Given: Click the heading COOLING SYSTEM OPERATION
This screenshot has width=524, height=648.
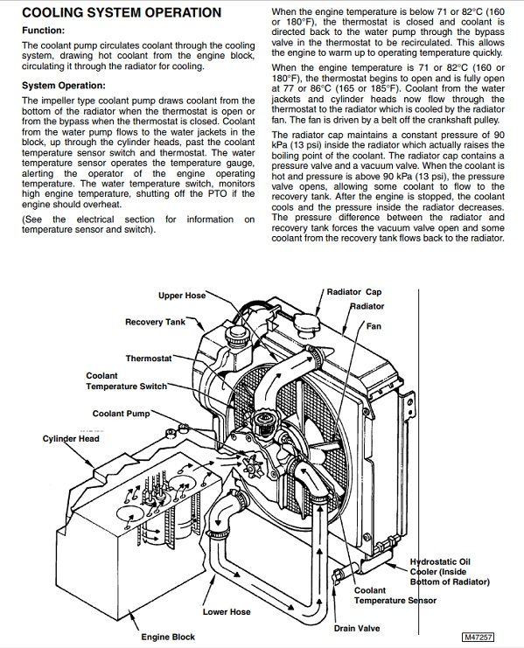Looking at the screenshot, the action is pos(122,12).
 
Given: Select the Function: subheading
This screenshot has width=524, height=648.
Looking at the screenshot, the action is pos(44,30).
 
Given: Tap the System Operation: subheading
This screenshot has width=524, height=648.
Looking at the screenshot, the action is pos(64,86).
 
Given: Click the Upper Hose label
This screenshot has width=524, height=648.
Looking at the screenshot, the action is pos(182,296).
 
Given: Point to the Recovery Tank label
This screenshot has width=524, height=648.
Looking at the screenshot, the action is pos(156,322).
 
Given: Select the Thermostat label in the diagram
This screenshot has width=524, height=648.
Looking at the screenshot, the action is pos(149,359).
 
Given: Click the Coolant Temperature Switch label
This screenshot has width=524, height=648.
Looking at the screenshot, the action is pos(127,381).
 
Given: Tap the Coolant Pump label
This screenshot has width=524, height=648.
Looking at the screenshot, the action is pos(121,414).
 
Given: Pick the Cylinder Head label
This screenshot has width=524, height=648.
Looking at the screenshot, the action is pos(71,439).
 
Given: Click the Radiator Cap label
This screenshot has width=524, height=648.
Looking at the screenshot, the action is pos(354,292).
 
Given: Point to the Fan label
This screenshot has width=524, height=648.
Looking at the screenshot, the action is pos(374,326).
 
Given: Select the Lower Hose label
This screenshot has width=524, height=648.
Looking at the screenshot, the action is pos(227,611).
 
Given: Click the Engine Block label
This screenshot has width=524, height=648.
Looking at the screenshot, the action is pos(168,637).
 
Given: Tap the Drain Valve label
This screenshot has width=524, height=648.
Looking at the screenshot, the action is pos(357,628).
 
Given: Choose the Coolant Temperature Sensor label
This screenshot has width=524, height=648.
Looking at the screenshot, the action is pos(395,596).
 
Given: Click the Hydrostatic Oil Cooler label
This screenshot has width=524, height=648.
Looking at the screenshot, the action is pos(450,572).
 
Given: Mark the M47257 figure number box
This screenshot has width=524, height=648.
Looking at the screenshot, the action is pos(478,637).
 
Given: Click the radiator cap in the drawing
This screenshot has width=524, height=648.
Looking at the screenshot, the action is pos(306,323).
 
